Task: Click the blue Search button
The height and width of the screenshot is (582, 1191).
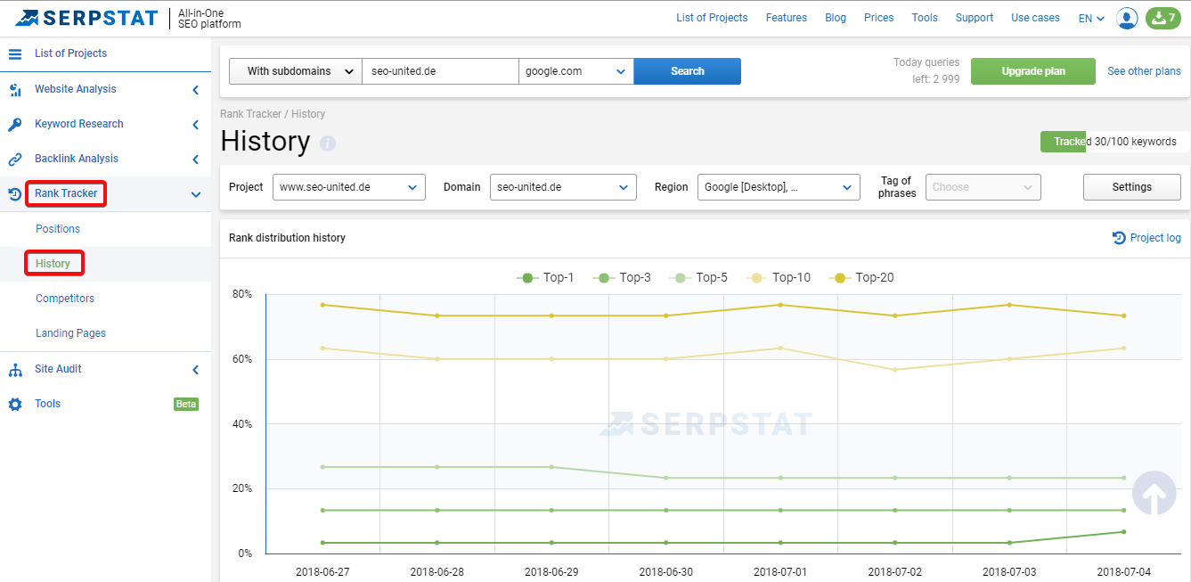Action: (x=687, y=71)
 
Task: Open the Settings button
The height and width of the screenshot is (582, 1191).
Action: (x=1131, y=187)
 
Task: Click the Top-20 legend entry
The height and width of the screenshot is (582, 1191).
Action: (x=861, y=278)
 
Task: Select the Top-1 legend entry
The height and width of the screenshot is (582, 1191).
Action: (x=545, y=278)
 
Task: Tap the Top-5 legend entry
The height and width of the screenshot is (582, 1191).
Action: (x=698, y=278)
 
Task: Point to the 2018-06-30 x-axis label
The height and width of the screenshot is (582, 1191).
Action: (x=665, y=572)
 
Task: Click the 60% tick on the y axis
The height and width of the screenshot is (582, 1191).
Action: (x=242, y=359)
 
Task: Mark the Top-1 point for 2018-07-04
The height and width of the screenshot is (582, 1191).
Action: (x=1124, y=531)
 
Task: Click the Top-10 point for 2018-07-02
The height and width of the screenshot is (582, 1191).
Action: (x=895, y=370)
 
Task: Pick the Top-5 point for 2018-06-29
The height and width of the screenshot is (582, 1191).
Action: (x=551, y=467)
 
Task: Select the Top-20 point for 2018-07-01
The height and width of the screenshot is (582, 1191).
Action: (x=780, y=305)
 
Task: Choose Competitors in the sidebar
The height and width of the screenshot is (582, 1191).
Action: (x=65, y=299)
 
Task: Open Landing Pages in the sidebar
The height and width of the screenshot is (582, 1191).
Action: (x=70, y=333)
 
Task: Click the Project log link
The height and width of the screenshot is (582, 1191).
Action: (x=1146, y=238)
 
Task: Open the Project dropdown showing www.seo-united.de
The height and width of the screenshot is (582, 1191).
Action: (x=349, y=187)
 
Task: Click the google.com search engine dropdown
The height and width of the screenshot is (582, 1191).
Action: (x=575, y=71)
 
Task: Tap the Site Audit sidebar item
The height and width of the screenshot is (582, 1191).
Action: (x=58, y=369)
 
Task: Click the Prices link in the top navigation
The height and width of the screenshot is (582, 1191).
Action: (x=878, y=18)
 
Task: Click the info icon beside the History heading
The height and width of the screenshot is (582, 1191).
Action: (x=328, y=143)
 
